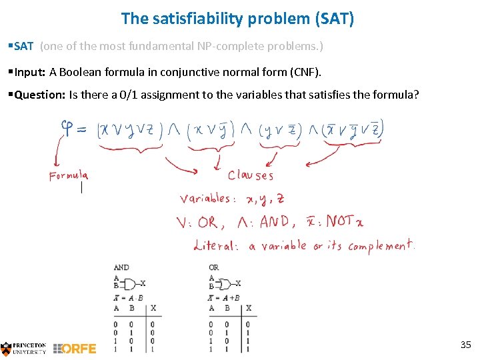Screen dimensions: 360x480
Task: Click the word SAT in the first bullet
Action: point(24,47)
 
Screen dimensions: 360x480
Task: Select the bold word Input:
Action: point(30,71)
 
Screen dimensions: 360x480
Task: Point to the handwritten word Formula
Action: point(68,176)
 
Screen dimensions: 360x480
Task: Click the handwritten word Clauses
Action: point(250,175)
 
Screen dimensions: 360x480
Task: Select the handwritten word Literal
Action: point(215,246)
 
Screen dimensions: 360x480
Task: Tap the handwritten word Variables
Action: point(207,199)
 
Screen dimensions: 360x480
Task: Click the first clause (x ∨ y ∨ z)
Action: point(130,129)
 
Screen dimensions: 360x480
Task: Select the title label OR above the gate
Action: point(213,267)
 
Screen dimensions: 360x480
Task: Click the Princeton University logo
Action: point(24,347)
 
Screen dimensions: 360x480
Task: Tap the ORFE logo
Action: point(75,348)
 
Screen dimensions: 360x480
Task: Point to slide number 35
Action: point(465,345)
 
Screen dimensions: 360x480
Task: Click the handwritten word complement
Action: point(381,245)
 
